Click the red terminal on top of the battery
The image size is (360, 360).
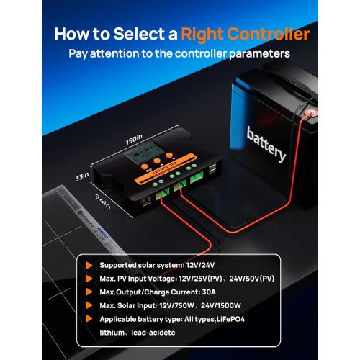[x=312, y=112]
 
